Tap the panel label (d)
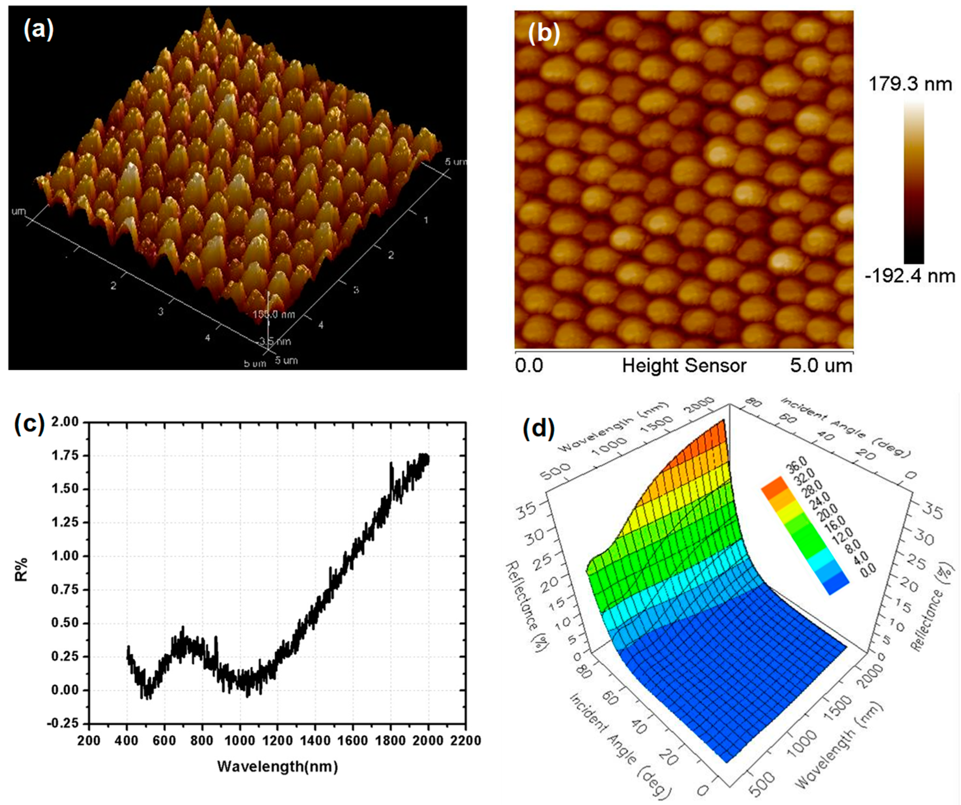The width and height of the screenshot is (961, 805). (538, 428)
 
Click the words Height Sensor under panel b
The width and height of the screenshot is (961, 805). (684, 366)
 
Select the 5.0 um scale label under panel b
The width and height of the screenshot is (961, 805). (821, 366)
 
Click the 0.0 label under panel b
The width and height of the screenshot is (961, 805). (529, 366)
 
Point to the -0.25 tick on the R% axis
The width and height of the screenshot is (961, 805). (62, 724)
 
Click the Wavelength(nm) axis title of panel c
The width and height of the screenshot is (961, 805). (277, 766)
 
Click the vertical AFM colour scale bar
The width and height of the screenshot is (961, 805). (914, 183)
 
